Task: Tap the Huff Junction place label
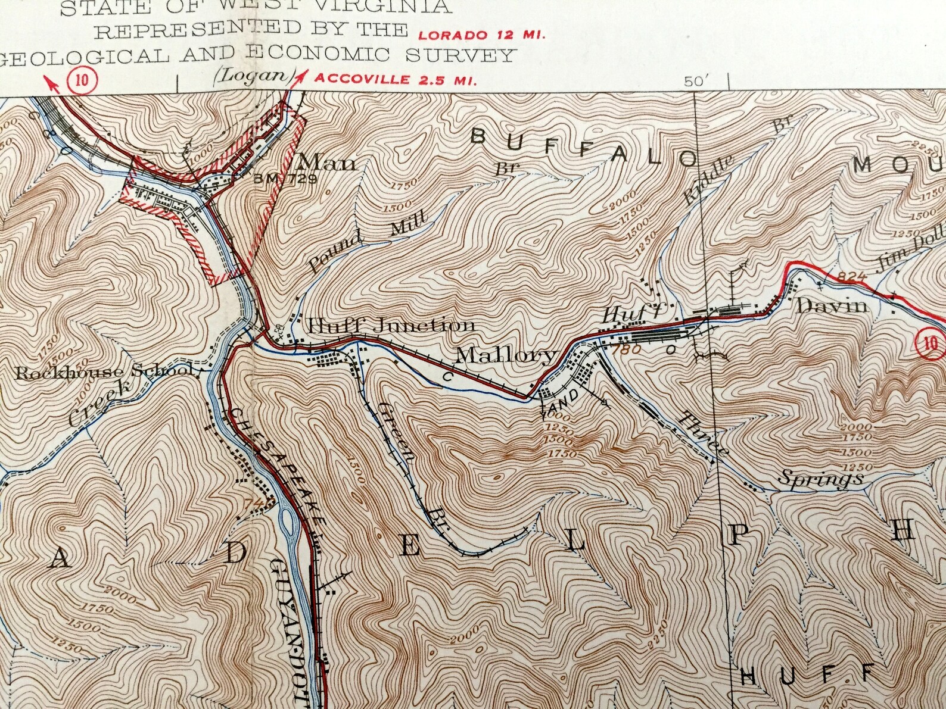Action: [x=391, y=325]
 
